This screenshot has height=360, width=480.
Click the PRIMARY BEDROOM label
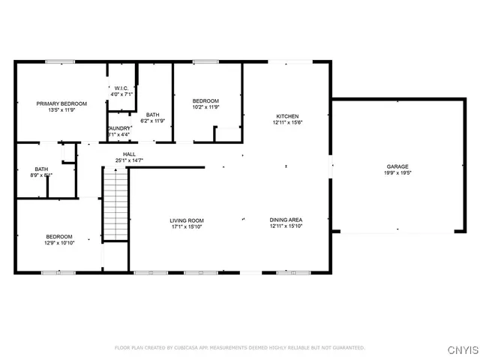coord(62,103)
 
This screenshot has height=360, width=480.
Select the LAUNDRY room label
coord(120,128)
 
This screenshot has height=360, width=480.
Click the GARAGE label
coord(397,166)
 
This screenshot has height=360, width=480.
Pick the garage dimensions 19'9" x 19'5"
coord(397,172)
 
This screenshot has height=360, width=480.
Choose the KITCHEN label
coord(288,116)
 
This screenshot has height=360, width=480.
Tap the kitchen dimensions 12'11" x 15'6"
coord(288,122)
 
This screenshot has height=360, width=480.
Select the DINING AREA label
coord(285,220)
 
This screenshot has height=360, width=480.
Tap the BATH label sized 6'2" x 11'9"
coord(153,114)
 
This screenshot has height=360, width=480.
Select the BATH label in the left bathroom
coord(41,169)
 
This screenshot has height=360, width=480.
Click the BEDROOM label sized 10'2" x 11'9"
coord(205,101)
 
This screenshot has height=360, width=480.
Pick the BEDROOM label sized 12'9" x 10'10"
coord(58,237)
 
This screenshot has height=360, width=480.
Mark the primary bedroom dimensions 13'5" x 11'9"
coord(62,110)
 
